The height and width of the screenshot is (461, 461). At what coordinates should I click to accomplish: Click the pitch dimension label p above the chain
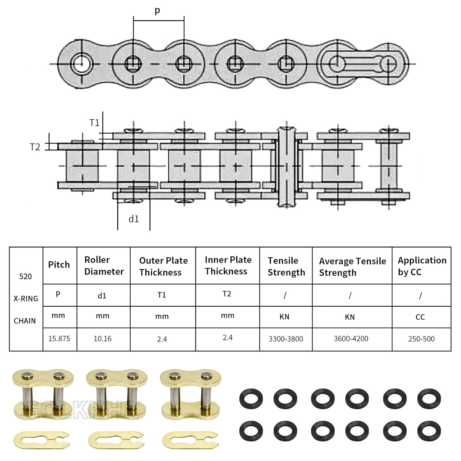click(157, 11)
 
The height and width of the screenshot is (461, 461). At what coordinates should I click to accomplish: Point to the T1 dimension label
click(95, 123)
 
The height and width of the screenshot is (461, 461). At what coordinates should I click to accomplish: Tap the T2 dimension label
click(35, 147)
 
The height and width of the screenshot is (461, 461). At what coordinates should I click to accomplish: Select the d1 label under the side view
click(134, 219)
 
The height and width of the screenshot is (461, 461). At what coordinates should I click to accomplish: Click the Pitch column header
click(59, 265)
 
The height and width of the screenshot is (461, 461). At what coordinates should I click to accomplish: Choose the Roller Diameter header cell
click(104, 266)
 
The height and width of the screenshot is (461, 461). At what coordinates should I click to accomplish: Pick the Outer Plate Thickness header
click(163, 266)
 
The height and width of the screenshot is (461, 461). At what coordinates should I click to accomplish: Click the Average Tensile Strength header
click(353, 267)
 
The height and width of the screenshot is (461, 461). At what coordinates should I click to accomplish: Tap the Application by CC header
click(422, 266)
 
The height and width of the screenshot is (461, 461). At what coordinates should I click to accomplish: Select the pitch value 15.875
click(59, 339)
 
